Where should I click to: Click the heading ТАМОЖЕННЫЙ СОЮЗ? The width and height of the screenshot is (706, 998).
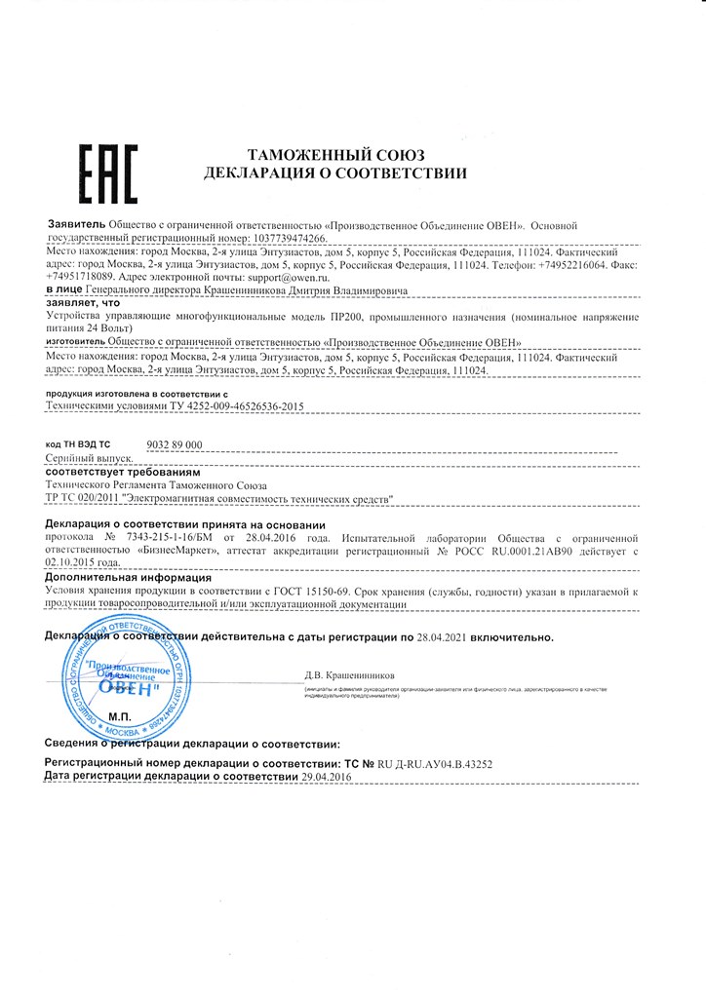click(x=335, y=155)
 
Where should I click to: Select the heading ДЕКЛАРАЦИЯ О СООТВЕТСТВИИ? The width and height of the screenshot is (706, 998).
click(x=335, y=173)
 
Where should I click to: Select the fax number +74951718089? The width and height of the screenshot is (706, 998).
click(x=86, y=277)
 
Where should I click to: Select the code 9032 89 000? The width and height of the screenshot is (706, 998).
click(x=174, y=443)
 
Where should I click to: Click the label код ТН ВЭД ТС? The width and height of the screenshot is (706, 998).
click(x=79, y=444)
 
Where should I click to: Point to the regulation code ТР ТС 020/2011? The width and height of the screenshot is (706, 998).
click(x=83, y=498)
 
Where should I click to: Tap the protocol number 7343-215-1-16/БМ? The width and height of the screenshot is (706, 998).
click(x=165, y=537)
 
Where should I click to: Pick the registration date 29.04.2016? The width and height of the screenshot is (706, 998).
click(x=326, y=777)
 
